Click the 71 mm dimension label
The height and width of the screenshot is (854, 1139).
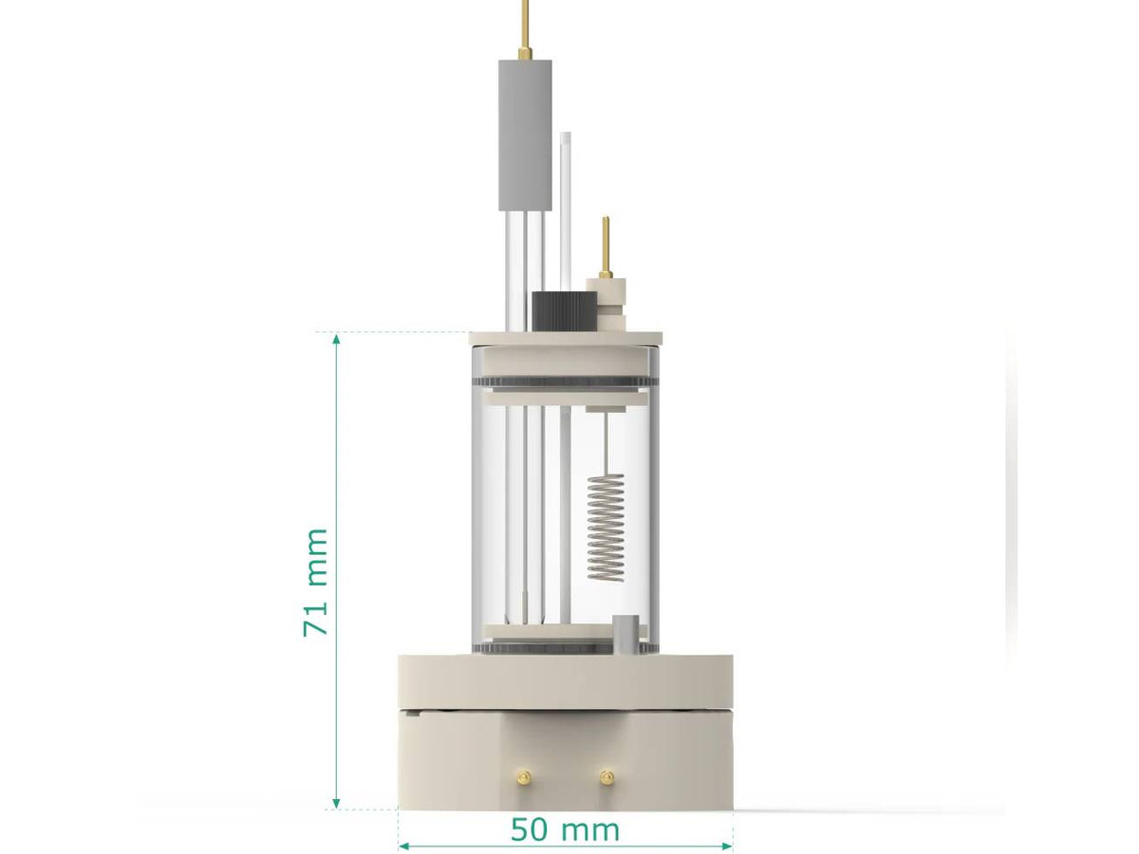[316, 582]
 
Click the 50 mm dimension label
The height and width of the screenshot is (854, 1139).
[565, 830]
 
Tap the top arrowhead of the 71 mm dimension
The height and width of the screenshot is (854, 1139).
[336, 340]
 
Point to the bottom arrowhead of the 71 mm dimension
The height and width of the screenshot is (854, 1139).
[336, 802]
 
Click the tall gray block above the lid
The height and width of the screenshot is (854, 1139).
[526, 133]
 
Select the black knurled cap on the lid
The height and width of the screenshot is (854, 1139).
[565, 311]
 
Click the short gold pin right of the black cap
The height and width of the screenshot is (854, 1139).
[606, 245]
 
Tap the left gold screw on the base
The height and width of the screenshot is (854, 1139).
[522, 776]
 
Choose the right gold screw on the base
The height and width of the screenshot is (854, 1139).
[605, 776]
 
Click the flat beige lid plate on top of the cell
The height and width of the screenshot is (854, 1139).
[565, 338]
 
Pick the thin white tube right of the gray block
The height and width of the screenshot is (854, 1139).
[566, 209]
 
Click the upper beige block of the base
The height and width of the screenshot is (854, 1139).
[565, 681]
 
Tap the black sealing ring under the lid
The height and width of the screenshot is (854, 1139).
[565, 383]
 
